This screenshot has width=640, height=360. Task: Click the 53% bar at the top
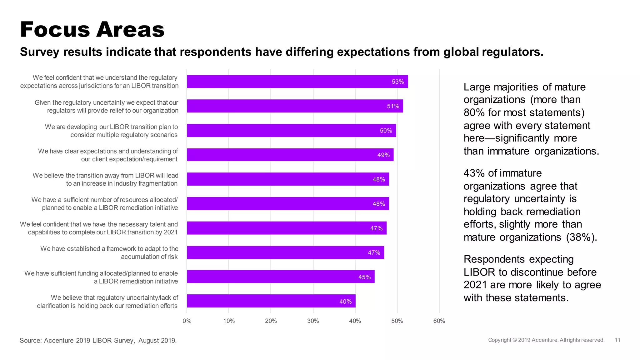point(297,82)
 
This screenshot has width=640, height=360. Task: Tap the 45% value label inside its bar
point(364,277)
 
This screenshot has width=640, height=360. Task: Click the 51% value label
point(393,106)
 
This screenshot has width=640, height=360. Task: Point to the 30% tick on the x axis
point(313,321)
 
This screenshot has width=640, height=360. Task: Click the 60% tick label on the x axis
point(439,321)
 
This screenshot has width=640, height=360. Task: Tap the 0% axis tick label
point(187,321)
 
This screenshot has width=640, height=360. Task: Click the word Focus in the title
point(55,30)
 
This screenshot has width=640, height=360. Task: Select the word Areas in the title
point(130,30)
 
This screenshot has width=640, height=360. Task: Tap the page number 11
point(617,340)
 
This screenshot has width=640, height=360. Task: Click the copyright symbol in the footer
point(515,340)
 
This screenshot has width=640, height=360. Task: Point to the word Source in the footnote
point(30,340)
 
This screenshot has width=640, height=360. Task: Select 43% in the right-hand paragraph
point(474,173)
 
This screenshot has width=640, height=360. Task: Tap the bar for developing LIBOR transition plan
point(291,131)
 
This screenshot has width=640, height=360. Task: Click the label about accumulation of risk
point(109,252)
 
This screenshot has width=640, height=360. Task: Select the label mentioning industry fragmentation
point(105,179)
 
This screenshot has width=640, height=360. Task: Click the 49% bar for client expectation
point(290,155)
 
